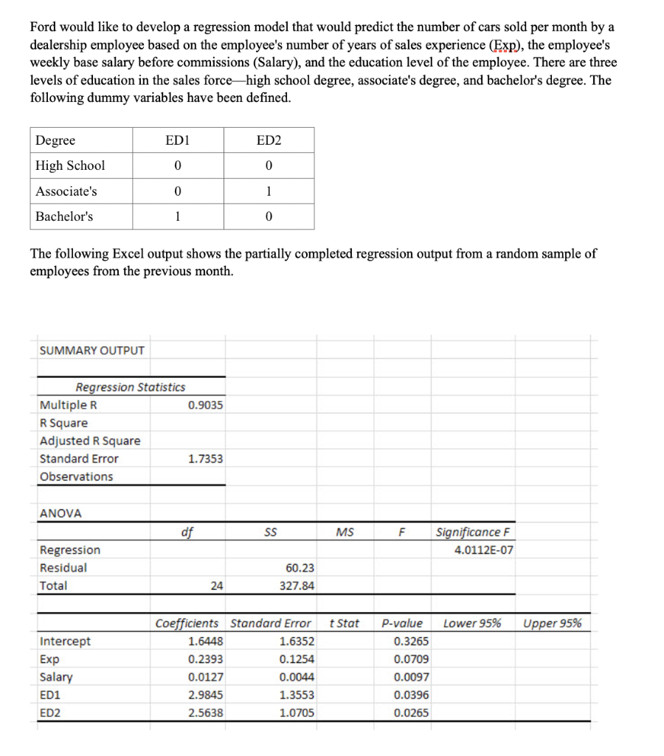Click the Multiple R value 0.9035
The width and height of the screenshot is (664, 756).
pos(205,405)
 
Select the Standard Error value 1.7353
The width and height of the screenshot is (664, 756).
pos(205,458)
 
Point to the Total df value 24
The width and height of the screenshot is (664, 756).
pos(216,585)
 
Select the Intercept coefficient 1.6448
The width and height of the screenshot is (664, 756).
pos(207,642)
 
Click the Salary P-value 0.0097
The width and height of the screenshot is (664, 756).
pos(412,677)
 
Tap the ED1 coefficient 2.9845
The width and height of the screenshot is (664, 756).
pos(207,695)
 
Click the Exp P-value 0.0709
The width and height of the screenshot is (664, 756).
pos(412,659)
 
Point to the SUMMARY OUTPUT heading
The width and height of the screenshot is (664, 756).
pos(91,350)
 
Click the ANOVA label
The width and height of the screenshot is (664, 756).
pos(60,513)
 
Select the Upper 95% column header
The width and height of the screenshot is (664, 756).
pos(552,623)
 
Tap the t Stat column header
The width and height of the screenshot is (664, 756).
pos(344,623)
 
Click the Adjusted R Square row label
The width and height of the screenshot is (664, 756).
pos(89,441)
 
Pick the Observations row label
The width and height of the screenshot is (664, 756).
pos(76,476)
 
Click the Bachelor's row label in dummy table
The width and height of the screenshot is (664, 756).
pos(64,216)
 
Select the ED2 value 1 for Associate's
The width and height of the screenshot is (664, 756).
pos(268,191)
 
